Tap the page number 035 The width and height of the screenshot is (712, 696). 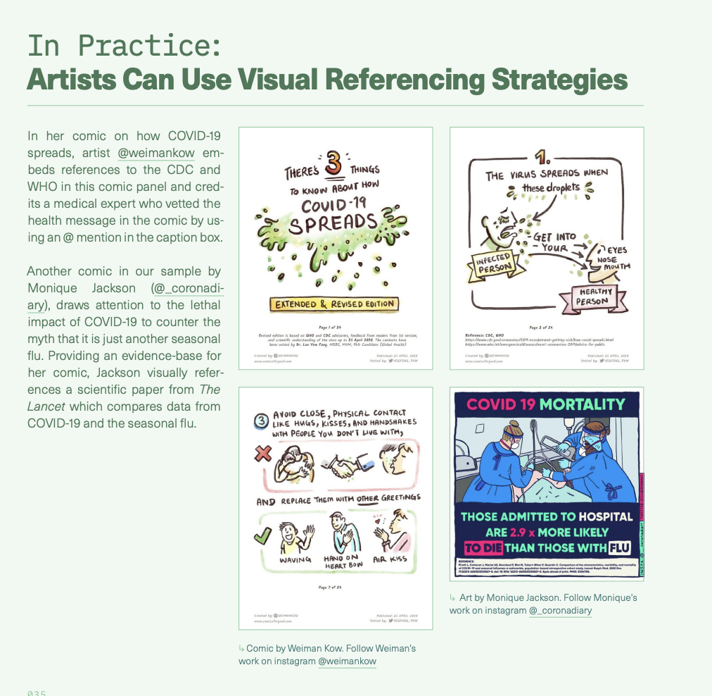(x=37, y=693)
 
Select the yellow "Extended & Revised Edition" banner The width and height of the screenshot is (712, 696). (x=335, y=304)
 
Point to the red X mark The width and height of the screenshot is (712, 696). (x=263, y=454)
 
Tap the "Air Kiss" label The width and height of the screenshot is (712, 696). (x=390, y=559)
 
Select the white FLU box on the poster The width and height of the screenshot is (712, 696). (x=619, y=547)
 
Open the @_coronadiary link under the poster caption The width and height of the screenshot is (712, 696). (x=560, y=610)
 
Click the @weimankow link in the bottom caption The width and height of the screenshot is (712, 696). (x=347, y=661)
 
